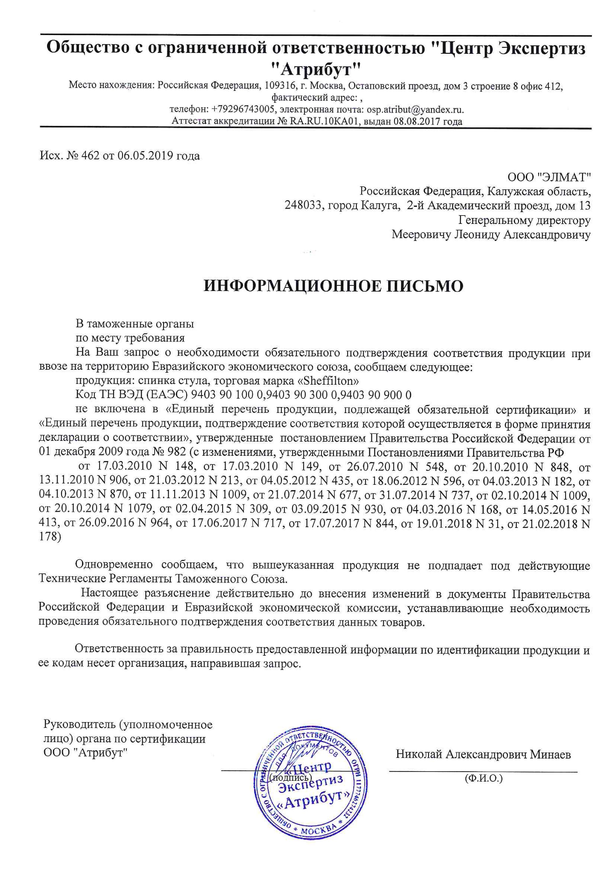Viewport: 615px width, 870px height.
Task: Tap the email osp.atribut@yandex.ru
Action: [415, 110]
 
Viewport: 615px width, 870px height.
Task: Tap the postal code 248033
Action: [304, 206]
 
